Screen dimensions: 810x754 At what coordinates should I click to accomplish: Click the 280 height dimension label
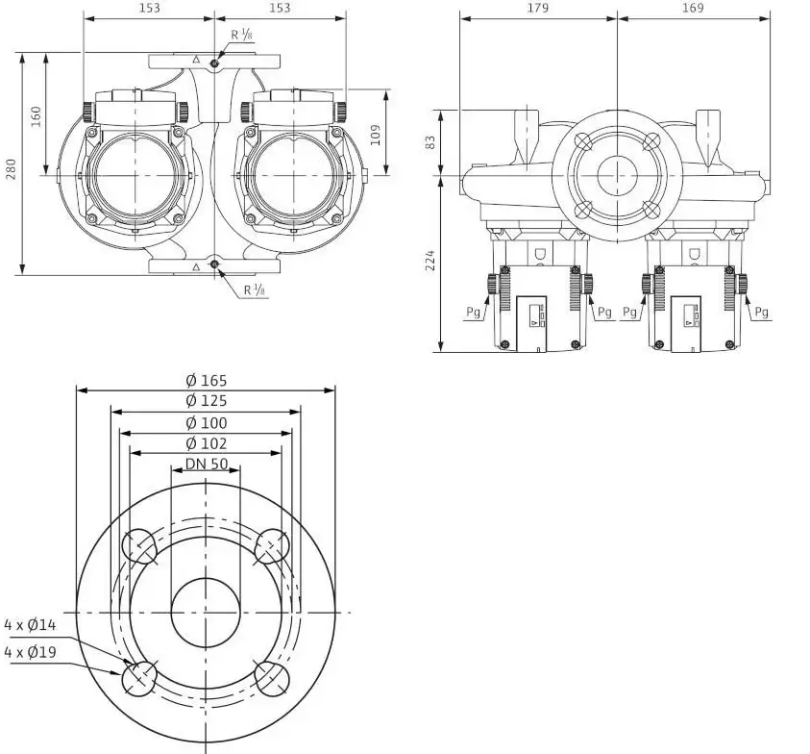coord(11,169)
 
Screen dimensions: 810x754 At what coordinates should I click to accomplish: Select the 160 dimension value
coord(36,116)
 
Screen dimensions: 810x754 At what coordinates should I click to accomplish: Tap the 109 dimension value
coord(376,135)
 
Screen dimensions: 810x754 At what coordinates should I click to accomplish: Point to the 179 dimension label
coord(538,8)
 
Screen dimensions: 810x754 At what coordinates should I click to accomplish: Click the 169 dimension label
coord(693,8)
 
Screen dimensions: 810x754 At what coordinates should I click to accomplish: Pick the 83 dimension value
coord(430,142)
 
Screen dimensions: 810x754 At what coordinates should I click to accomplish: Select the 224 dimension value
coord(430,260)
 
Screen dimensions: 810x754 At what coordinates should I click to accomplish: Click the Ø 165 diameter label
coord(207,381)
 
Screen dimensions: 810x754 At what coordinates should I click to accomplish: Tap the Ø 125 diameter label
coord(207,401)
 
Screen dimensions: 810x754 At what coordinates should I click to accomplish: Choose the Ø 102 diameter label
coord(207,443)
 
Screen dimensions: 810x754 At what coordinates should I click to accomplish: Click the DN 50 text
coord(207,464)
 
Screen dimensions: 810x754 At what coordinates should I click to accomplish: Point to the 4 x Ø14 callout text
coord(30,625)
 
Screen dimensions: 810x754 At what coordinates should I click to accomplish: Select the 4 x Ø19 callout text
coord(30,652)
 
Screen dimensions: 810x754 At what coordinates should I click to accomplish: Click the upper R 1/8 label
coord(242,35)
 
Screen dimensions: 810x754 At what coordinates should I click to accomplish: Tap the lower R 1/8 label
coord(256,289)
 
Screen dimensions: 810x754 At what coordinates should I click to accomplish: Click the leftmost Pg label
coord(473,312)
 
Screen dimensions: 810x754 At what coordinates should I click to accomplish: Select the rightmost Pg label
coord(761,312)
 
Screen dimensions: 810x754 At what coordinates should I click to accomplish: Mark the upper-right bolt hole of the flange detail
coord(272,546)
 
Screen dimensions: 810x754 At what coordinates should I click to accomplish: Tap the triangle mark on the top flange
coord(196,60)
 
